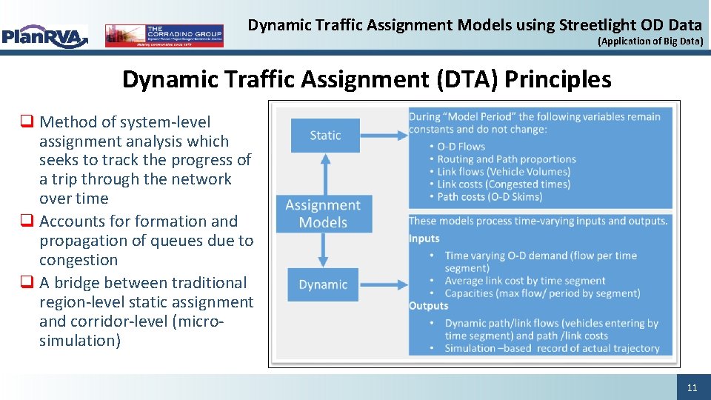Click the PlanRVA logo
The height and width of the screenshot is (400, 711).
point(44,36)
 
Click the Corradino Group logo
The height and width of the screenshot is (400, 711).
point(164,36)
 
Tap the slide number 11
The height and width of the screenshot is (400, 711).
point(692,387)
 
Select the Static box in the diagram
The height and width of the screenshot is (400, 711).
point(325,136)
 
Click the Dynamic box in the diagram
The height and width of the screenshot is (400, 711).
point(323,284)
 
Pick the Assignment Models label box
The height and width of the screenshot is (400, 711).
point(323,213)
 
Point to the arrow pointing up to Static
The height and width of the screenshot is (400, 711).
point(323,173)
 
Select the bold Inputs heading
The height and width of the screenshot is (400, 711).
point(424,239)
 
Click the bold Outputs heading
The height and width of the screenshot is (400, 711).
point(428,306)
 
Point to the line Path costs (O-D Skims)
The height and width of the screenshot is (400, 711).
point(490,197)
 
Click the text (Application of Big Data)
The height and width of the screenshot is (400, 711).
point(650,41)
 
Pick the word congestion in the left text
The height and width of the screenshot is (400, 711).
point(79,260)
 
